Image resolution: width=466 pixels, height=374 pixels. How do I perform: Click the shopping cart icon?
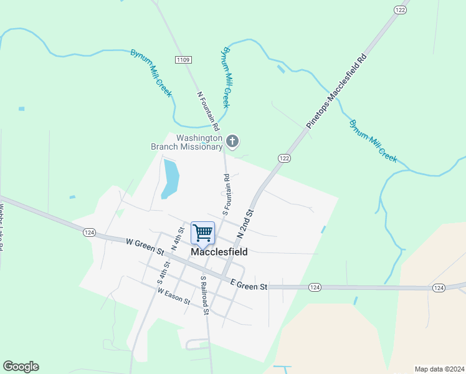[203, 233]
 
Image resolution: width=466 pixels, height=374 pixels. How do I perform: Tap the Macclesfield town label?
[219, 252]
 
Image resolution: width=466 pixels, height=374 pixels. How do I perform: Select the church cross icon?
[232, 142]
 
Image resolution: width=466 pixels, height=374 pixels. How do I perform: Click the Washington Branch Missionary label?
[187, 142]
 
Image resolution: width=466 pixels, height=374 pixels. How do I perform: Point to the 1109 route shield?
[183, 60]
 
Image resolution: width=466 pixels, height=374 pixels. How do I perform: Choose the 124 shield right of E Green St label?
[315, 287]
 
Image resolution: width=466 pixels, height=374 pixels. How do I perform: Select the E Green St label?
[249, 284]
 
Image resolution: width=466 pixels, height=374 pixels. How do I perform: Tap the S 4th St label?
[164, 273]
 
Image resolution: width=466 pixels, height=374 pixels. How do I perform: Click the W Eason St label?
[174, 295]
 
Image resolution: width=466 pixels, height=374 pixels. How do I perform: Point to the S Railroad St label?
[204, 295]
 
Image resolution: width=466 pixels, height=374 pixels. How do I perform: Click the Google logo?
[21, 367]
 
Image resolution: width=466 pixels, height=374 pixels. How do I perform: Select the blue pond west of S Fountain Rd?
[170, 178]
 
